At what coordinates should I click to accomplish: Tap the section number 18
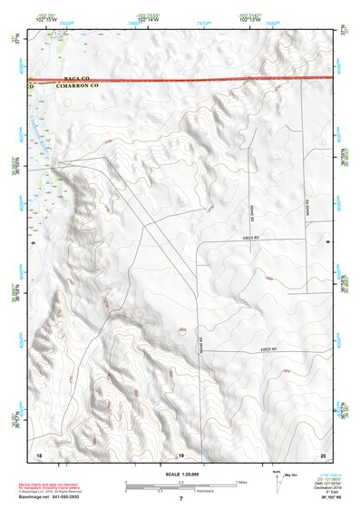[x=39, y=454]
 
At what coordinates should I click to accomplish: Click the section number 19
[x=180, y=454]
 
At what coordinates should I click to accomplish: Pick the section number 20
[x=322, y=454]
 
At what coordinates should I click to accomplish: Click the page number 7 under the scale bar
[x=180, y=498]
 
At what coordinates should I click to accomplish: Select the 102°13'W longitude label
[x=252, y=19]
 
